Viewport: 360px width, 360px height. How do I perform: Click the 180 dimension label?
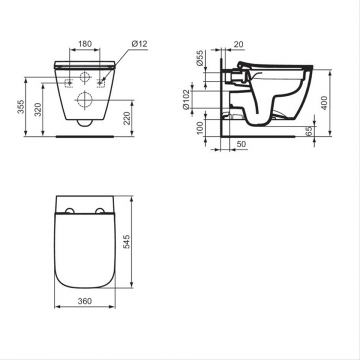click(x=85, y=44)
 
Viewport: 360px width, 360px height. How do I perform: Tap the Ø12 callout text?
click(x=139, y=44)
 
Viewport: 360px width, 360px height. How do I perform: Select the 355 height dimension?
click(x=21, y=107)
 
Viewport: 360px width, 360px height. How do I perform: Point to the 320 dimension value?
click(x=38, y=109)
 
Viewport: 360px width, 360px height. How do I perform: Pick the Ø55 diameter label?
click(x=200, y=59)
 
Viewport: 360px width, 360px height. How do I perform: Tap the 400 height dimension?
click(x=323, y=103)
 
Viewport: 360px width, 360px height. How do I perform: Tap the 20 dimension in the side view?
click(x=238, y=45)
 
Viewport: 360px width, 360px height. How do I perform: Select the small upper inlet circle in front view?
click(x=84, y=78)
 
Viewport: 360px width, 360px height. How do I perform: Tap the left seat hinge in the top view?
click(x=69, y=211)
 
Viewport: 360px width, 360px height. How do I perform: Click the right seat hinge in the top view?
click(x=100, y=211)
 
